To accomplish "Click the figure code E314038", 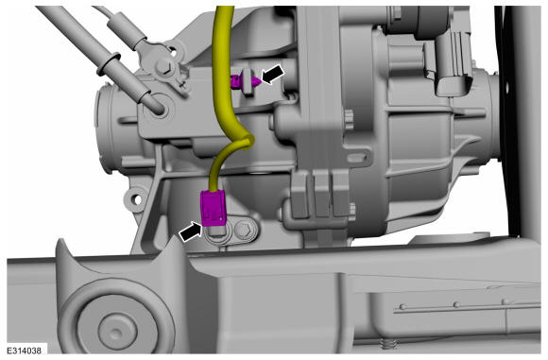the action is [25, 351].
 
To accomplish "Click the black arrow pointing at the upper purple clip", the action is [273, 75].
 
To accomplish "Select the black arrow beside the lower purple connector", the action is [191, 231].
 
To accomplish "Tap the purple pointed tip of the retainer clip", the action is [256, 82].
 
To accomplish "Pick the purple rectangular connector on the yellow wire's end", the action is [214, 208].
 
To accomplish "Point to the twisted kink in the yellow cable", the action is [244, 143].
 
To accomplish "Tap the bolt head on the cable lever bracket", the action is [163, 66].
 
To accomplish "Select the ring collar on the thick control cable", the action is [110, 63].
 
